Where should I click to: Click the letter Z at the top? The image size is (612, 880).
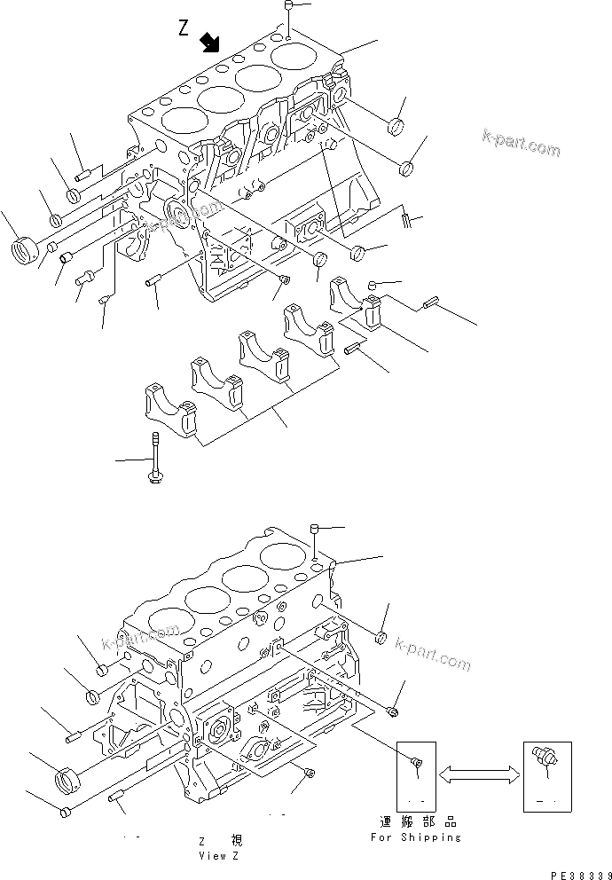[184, 28]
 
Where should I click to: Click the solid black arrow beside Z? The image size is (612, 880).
[210, 43]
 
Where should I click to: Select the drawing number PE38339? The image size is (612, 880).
[575, 874]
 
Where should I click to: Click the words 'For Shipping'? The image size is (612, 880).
[416, 837]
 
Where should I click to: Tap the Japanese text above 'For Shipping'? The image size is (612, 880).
[416, 822]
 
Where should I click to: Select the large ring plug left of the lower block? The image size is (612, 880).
[67, 782]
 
